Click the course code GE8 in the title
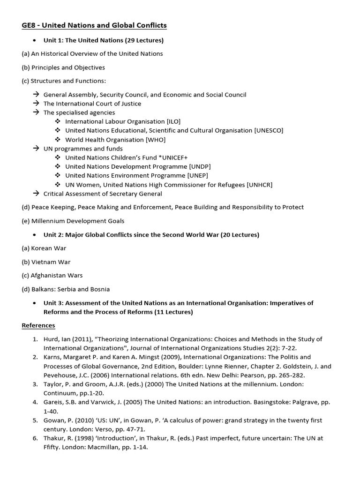[28, 25]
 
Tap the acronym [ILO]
[171, 121]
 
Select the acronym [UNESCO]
[269, 130]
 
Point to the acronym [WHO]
[156, 140]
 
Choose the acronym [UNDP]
[200, 166]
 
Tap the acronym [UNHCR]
[259, 185]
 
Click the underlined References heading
[38, 325]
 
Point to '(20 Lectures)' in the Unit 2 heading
[240, 234]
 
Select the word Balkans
[43, 289]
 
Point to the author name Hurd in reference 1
[51, 339]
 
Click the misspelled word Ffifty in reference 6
[52, 447]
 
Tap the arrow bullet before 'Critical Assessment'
[36, 194]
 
